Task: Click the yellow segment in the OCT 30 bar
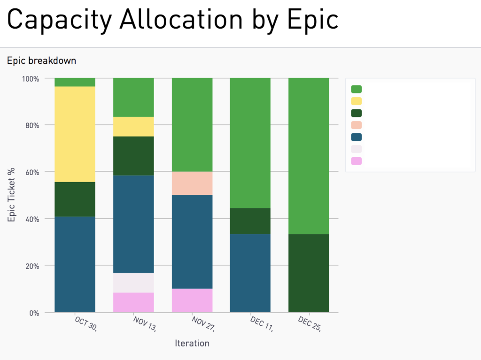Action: pyautogui.click(x=75, y=134)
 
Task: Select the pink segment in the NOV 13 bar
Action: pyautogui.click(x=133, y=302)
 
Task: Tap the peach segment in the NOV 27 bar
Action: pyautogui.click(x=192, y=183)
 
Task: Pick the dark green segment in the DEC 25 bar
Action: pyautogui.click(x=309, y=273)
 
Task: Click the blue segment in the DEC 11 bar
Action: pyautogui.click(x=250, y=273)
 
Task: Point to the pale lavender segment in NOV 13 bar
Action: pyautogui.click(x=133, y=283)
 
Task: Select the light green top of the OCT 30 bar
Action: pyautogui.click(x=75, y=82)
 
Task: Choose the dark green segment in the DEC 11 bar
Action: pyautogui.click(x=250, y=221)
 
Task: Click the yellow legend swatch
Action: pyautogui.click(x=356, y=101)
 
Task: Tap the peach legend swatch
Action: pyautogui.click(x=356, y=125)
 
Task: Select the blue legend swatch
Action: pyautogui.click(x=356, y=137)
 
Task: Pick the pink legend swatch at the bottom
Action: pyautogui.click(x=356, y=161)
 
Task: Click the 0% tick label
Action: pyautogui.click(x=34, y=313)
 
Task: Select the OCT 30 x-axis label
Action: pyautogui.click(x=85, y=324)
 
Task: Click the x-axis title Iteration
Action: pyautogui.click(x=192, y=343)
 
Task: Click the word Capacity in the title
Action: pyautogui.click(x=59, y=20)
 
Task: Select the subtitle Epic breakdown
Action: pyautogui.click(x=41, y=61)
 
